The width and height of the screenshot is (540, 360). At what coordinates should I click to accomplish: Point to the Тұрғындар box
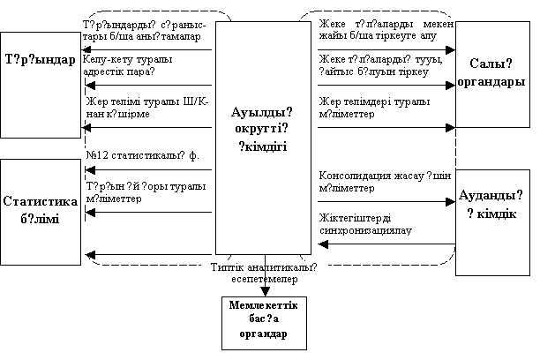pos(39,62)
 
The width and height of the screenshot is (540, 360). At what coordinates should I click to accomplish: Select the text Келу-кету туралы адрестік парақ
pos(130,65)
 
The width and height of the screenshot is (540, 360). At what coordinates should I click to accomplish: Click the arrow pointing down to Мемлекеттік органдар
pos(263,290)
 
